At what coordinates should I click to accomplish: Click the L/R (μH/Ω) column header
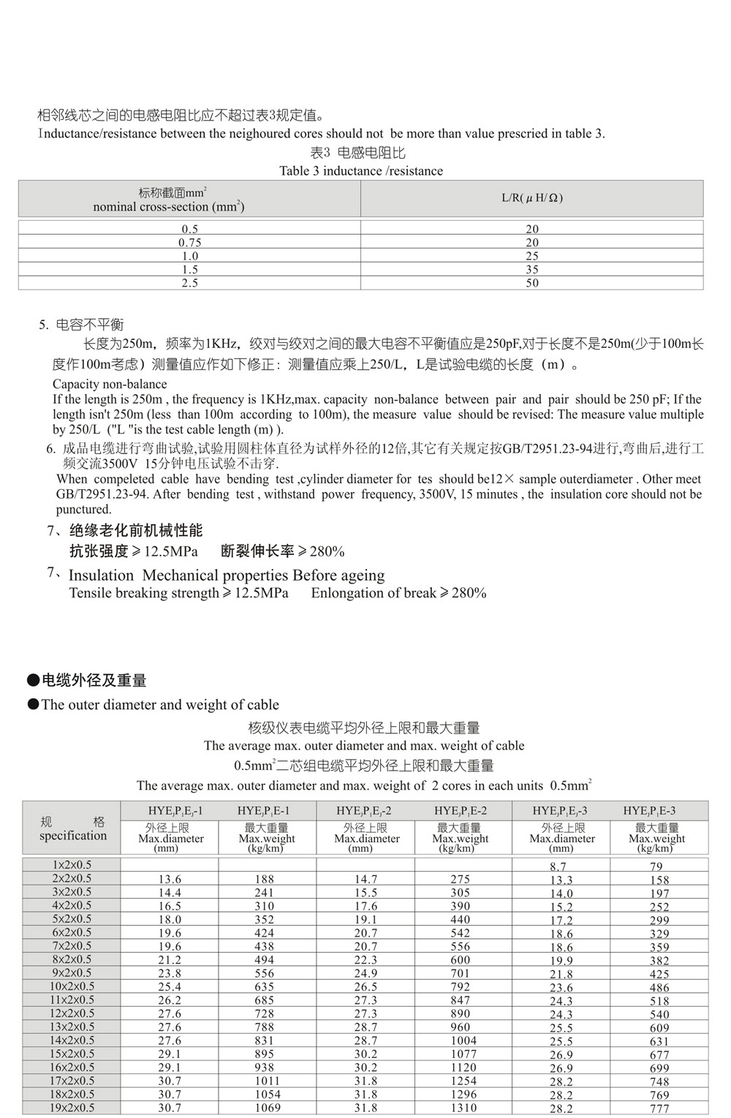(x=531, y=198)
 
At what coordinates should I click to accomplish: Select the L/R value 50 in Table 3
(x=531, y=283)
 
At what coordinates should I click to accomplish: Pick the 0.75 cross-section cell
(x=189, y=243)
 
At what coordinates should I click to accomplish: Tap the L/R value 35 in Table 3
(x=531, y=270)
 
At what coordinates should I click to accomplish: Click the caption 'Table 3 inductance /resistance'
(x=361, y=171)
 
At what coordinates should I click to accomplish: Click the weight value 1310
(x=463, y=1108)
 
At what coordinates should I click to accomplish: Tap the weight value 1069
(x=268, y=1108)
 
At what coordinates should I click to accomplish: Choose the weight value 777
(x=659, y=1108)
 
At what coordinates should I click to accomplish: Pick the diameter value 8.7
(x=558, y=866)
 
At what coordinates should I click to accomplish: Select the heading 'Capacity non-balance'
(x=110, y=384)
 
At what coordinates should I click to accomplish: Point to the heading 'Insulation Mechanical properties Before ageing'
(x=227, y=575)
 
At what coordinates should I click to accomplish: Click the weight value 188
(x=265, y=879)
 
